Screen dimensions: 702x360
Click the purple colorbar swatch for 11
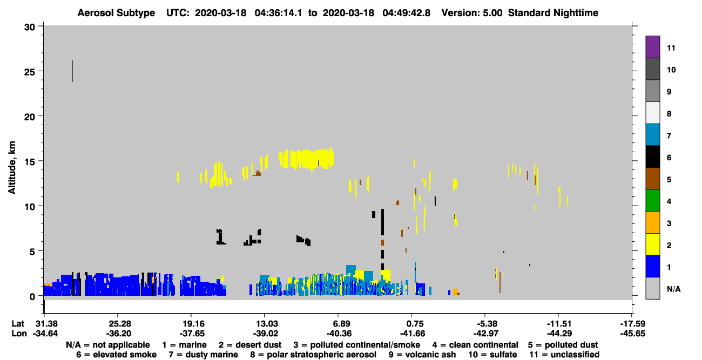coord(652,46)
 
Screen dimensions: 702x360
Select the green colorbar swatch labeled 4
coord(652,201)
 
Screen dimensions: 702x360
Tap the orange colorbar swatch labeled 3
coord(652,222)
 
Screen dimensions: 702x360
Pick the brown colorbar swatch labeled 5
coord(652,179)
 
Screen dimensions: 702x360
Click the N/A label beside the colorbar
coord(673,289)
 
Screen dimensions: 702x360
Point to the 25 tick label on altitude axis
coord(30,72)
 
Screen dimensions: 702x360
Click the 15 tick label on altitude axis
coord(30,162)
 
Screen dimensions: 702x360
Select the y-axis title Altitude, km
coord(12,167)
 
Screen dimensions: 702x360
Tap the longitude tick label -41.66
coord(413,334)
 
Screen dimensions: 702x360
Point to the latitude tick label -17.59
coord(632,324)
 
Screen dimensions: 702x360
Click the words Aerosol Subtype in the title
coord(116,13)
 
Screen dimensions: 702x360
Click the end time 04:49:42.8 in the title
coord(406,13)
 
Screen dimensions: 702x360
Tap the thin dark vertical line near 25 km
coord(72,71)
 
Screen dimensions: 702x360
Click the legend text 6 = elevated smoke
coord(116,355)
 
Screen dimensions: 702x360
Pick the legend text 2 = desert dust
coord(250,345)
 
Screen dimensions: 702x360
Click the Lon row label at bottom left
coord(19,334)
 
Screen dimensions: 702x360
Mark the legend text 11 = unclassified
coord(564,355)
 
